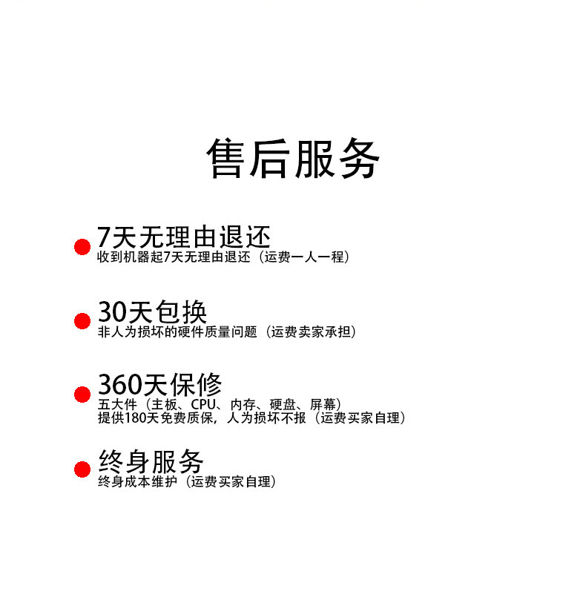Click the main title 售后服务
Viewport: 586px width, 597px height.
click(292, 158)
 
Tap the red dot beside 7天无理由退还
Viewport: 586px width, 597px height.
click(82, 247)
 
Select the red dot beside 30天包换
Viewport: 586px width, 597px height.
click(82, 320)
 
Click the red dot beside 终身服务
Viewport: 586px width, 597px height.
click(82, 469)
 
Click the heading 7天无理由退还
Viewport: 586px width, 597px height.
click(184, 237)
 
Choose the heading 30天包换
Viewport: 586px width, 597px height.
click(152, 311)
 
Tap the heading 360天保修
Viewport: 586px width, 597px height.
click(159, 385)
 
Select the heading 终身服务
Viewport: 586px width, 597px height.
click(151, 462)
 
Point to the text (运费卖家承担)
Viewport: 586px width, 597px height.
click(312, 332)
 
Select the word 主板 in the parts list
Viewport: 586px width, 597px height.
click(163, 405)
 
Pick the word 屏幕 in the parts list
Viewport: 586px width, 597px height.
click(323, 405)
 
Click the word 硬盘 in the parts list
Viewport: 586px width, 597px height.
click(283, 405)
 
